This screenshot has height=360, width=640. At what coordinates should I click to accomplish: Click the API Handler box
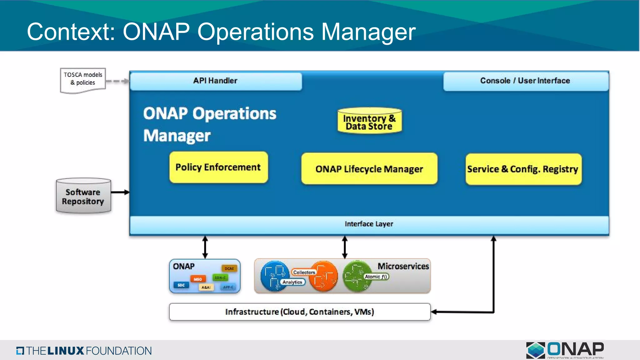pyautogui.click(x=216, y=81)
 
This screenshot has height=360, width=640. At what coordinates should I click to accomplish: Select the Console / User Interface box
pyautogui.click(x=526, y=81)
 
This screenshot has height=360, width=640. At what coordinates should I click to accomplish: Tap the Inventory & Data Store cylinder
pyautogui.click(x=369, y=122)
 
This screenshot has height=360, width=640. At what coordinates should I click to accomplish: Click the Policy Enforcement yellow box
pyautogui.click(x=218, y=167)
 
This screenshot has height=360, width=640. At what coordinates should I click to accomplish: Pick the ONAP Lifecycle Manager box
pyautogui.click(x=369, y=169)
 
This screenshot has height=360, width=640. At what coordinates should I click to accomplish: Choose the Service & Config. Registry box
pyautogui.click(x=523, y=169)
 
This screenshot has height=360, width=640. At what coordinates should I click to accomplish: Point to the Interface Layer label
pyautogui.click(x=369, y=224)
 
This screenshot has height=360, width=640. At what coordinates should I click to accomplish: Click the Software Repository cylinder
pyautogui.click(x=83, y=196)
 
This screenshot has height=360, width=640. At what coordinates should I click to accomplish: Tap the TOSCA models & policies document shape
pyautogui.click(x=83, y=80)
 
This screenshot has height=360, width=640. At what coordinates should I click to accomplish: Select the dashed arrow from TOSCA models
pyautogui.click(x=117, y=81)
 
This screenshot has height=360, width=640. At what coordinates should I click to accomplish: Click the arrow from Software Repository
pyautogui.click(x=120, y=192)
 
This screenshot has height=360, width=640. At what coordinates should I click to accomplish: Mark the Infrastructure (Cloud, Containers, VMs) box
pyautogui.click(x=299, y=312)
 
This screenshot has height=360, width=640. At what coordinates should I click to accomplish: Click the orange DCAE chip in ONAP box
pyautogui.click(x=229, y=268)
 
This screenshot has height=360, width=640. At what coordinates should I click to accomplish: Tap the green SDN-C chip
pyautogui.click(x=220, y=277)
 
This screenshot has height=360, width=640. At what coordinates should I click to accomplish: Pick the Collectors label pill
pyautogui.click(x=304, y=272)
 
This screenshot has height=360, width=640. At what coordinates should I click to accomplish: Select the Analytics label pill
pyautogui.click(x=292, y=282)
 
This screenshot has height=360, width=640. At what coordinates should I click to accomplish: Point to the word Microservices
pyautogui.click(x=403, y=266)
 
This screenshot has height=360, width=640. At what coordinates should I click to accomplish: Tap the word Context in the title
pyautogui.click(x=71, y=32)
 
